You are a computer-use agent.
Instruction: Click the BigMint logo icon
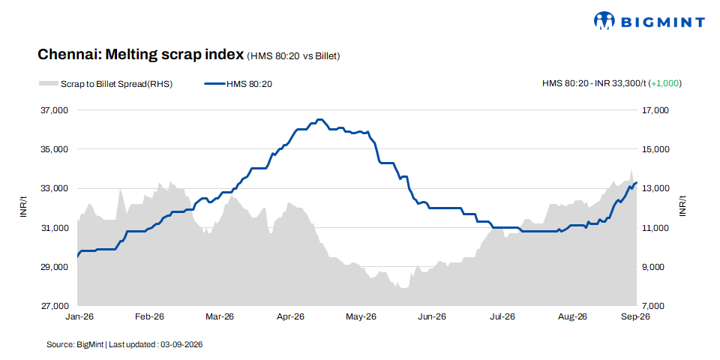pos(604,21)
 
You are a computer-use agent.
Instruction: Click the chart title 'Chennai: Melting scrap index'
pos(140,55)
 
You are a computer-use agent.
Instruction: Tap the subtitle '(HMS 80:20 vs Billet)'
pos(293,56)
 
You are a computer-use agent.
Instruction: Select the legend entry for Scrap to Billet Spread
pos(106,83)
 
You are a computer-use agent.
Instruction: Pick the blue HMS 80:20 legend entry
pos(239,83)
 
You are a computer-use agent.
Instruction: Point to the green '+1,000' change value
pos(665,83)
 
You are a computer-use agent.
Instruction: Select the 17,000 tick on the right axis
pos(649,110)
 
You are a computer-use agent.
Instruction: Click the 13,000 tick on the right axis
pos(649,189)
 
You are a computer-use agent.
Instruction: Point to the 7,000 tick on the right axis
pos(649,306)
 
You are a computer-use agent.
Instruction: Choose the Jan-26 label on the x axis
pos(80,316)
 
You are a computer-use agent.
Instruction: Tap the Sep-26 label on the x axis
pos(635,316)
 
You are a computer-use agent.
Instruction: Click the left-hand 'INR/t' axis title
pos(23,207)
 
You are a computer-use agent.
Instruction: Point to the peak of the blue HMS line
pos(320,119)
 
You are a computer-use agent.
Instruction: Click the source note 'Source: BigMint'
pos(76,344)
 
